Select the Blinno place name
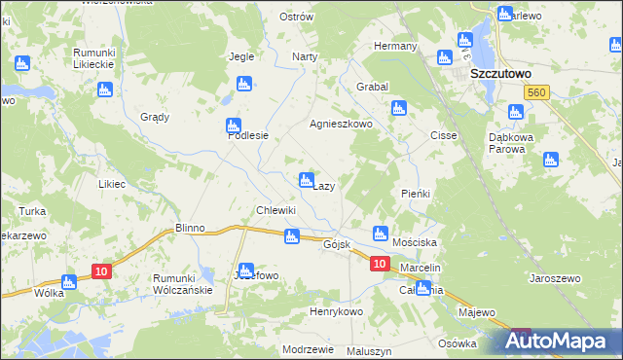tap(190, 228)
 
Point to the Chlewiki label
tap(275, 210)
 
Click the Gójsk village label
tap(336, 245)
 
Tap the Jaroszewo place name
tap(555, 278)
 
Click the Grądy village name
tap(155, 117)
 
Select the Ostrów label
tap(296, 18)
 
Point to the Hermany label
tap(396, 46)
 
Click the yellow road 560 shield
tap(533, 91)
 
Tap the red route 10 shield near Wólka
tap(100, 271)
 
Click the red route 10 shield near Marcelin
tap(380, 264)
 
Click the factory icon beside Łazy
tap(306, 180)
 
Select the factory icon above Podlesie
tap(233, 126)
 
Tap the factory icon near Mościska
tap(381, 234)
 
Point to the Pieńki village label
tap(416, 194)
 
